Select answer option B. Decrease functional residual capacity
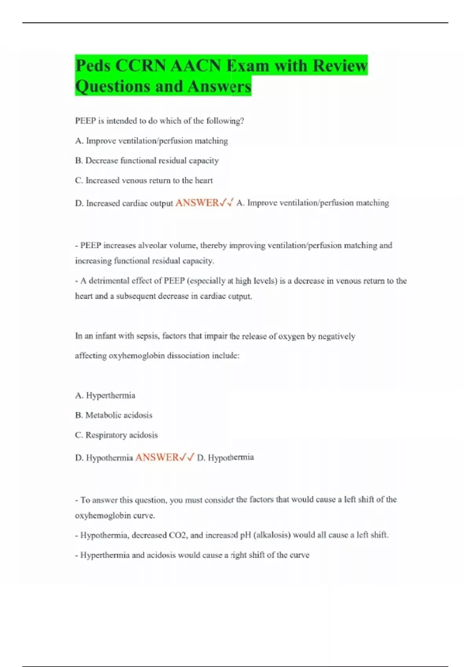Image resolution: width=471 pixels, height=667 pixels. (147, 160)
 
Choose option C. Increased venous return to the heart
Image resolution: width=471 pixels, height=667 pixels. (144, 180)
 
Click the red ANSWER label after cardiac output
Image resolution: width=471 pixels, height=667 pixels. (197, 203)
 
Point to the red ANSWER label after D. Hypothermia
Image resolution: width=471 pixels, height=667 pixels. (157, 457)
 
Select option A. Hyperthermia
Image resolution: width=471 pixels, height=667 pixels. (105, 395)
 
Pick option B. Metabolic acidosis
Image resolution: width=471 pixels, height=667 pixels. (113, 415)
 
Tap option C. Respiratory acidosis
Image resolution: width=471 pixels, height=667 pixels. (116, 435)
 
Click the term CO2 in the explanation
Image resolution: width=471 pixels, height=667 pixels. (177, 535)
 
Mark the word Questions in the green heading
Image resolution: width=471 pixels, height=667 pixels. (112, 86)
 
